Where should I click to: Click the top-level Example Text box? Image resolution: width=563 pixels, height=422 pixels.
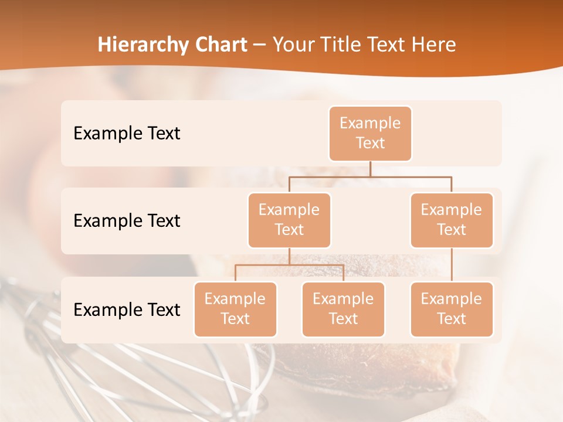tap(370, 133)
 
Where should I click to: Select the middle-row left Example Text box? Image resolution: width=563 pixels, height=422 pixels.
tap(289, 220)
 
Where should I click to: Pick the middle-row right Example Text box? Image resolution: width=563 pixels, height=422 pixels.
tap(452, 220)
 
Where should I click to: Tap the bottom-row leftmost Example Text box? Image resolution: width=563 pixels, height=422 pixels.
tap(235, 309)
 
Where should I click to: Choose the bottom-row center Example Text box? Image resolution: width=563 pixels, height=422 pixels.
tap(343, 309)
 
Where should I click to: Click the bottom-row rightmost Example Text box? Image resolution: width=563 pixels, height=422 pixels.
tap(452, 309)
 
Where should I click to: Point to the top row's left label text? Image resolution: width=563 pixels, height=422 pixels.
tap(127, 133)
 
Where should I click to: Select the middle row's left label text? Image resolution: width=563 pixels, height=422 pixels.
tap(127, 220)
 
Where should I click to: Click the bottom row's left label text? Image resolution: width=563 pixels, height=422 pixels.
tap(127, 309)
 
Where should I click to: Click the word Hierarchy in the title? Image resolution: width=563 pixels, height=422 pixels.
tap(140, 45)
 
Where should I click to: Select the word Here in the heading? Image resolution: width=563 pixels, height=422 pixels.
tap(434, 45)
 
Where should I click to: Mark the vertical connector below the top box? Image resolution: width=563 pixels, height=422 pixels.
tap(370, 169)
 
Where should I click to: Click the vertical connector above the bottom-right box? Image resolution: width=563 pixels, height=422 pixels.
tap(452, 265)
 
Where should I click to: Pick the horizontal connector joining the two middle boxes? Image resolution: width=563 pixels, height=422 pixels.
tap(370, 176)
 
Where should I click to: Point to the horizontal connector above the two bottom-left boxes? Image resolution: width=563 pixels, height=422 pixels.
tap(289, 265)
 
